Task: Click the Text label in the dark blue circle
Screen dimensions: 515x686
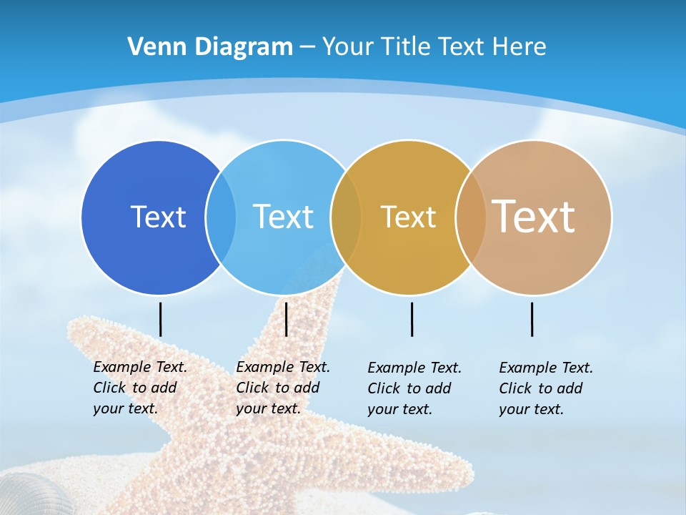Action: pos(158,217)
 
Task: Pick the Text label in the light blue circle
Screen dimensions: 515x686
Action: pos(283,217)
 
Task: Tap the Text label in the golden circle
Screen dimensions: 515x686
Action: pos(408,217)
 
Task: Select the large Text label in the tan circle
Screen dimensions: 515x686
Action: pos(534,216)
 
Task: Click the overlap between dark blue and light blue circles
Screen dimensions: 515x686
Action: pos(221,217)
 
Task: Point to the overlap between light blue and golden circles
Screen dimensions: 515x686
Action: pos(346,217)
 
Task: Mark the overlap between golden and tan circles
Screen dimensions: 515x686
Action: pos(471,217)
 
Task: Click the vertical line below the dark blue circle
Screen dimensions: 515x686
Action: pos(160,319)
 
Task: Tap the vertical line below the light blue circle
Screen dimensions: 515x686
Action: pos(286,319)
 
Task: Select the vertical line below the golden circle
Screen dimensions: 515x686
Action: pos(412,319)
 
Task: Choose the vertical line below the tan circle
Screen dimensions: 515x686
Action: pos(532,319)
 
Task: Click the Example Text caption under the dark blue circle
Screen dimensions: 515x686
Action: pos(139,388)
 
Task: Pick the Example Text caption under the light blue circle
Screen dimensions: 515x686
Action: pos(282,388)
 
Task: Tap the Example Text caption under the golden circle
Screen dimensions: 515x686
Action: pos(414,388)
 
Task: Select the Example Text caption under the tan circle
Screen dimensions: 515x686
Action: pos(545,388)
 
